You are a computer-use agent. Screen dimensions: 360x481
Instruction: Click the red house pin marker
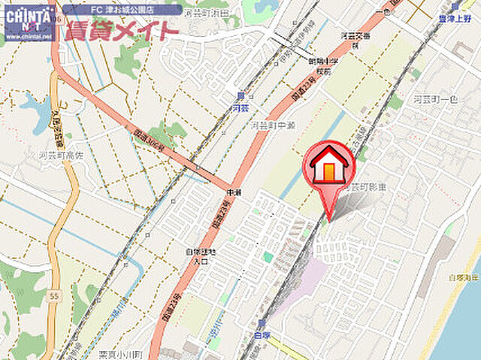[328, 168]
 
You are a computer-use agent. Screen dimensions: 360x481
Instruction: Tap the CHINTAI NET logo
[29, 22]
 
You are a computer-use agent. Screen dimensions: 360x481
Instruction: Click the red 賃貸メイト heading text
[121, 31]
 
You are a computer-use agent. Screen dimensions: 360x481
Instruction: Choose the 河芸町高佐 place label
[55, 156]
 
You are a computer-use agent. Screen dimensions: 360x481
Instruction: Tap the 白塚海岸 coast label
[463, 278]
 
